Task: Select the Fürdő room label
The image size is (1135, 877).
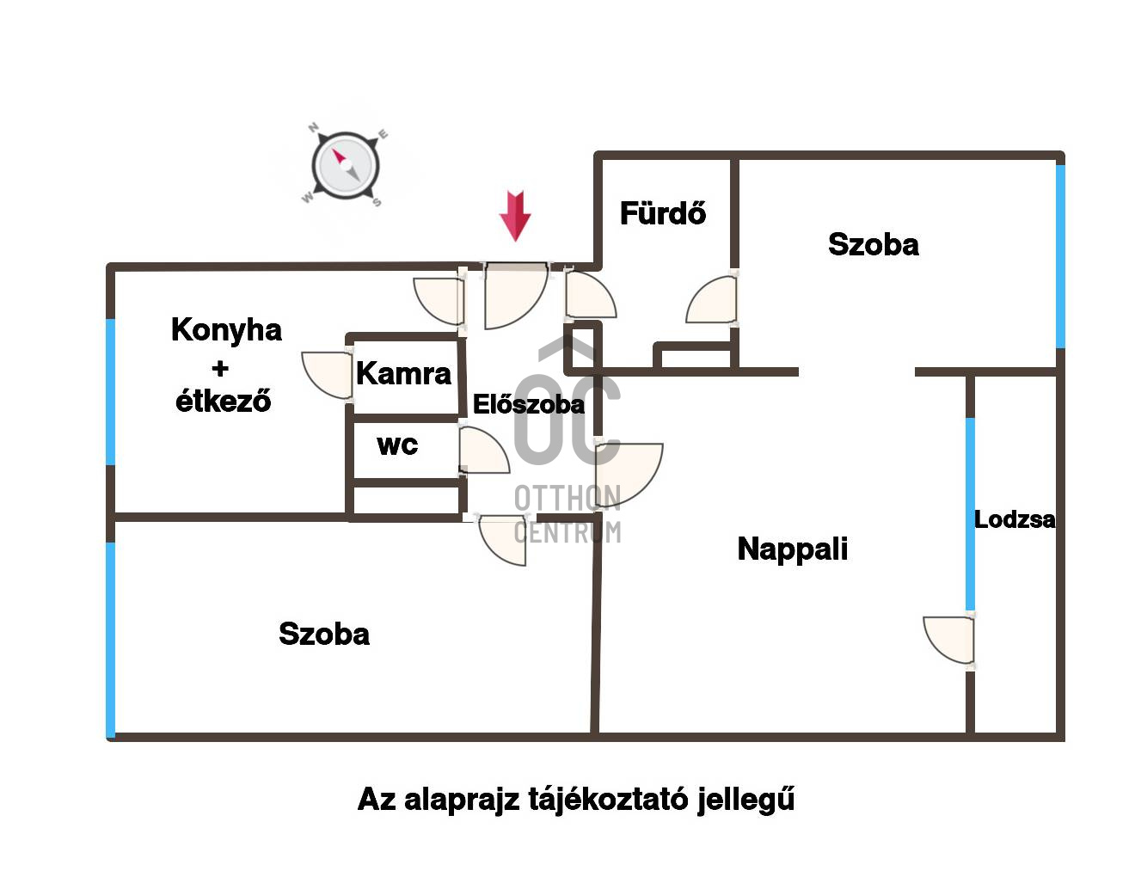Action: point(663,212)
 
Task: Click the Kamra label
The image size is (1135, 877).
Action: point(403,373)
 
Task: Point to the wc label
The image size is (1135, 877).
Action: point(397,445)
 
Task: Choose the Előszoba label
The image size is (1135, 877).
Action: point(529,404)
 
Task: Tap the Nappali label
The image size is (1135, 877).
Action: point(793,549)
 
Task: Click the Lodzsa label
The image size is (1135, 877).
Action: point(1015,519)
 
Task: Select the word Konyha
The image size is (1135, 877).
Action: point(226,331)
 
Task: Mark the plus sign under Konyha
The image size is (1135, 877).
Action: point(220,369)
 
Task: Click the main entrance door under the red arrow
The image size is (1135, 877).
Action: point(516,296)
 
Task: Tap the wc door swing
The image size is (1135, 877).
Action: point(484,450)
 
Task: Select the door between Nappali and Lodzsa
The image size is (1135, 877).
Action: point(948,641)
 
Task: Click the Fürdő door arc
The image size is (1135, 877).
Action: point(711,299)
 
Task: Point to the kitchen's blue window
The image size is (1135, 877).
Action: point(110,392)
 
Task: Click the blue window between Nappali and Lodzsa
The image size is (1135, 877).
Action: point(970,514)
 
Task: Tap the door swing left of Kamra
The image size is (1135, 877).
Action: point(327,376)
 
